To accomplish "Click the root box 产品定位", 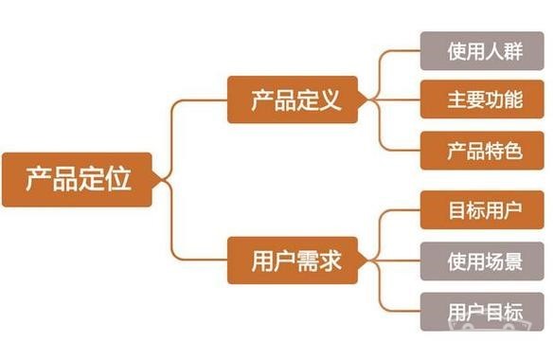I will (x=76, y=178).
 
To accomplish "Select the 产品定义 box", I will (x=293, y=99).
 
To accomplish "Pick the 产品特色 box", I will (x=483, y=150).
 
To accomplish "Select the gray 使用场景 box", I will (x=483, y=260).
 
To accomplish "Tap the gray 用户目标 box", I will (x=483, y=311).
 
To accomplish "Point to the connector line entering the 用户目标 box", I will (x=402, y=311).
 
